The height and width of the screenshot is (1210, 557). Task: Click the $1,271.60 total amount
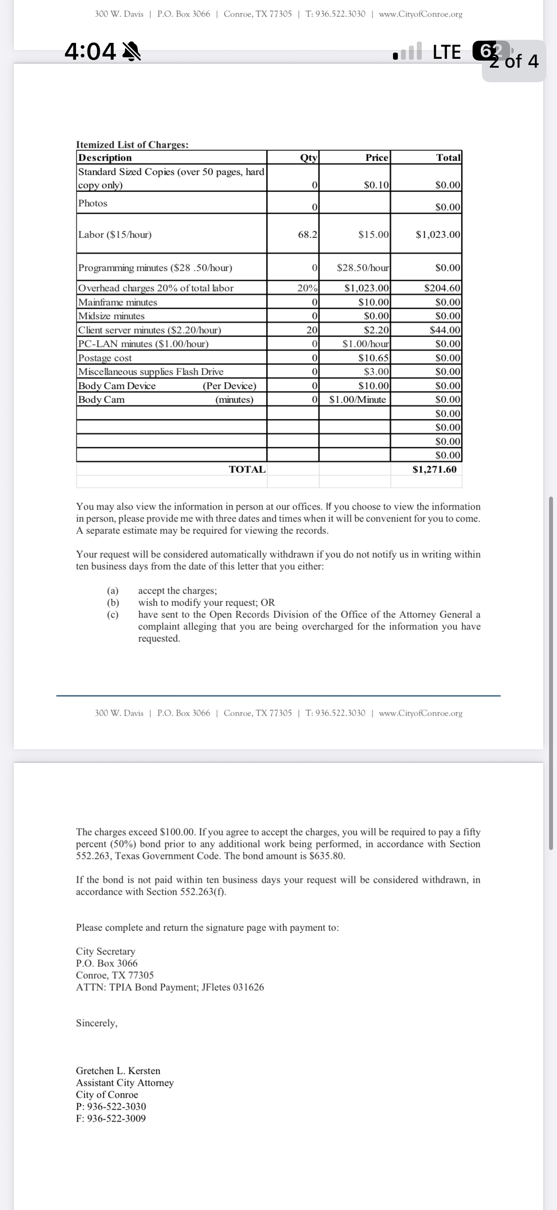pos(434,469)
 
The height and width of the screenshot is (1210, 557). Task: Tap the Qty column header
pos(309,158)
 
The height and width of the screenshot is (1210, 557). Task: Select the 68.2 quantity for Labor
pos(307,234)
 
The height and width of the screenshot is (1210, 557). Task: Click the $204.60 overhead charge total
pos(442,288)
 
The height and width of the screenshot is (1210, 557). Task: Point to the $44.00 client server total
pos(445,330)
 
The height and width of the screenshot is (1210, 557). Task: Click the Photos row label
pos(92,203)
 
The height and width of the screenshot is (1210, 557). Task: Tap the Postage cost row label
pos(105,358)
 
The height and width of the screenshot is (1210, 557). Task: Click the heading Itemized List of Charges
pos(132,145)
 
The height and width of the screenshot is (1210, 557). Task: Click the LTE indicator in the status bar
pos(446,52)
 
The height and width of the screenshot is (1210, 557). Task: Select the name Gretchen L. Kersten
pos(118,1071)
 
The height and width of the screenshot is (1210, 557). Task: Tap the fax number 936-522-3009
pos(116,1118)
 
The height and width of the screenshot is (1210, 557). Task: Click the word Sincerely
pos(97,1022)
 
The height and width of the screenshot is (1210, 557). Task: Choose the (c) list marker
pos(113,614)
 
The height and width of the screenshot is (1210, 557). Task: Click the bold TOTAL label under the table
pos(247,469)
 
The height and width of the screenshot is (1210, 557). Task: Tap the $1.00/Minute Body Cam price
pos(357,400)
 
